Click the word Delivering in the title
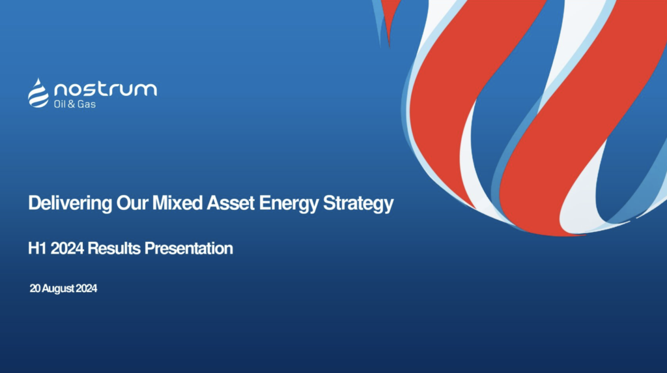pos(70,203)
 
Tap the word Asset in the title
pos(231,203)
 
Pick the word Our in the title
pos(132,203)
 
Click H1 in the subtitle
pos(37,248)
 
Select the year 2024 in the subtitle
pos(67,248)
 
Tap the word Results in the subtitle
pos(114,248)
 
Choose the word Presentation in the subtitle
pos(189,248)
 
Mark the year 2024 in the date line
pos(87,289)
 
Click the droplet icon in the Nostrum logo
pos(38,93)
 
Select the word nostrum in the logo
pos(106,89)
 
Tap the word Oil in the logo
pos(60,104)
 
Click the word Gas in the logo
pos(87,104)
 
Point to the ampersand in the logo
pos(72,104)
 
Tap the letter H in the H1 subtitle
pos(34,248)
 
